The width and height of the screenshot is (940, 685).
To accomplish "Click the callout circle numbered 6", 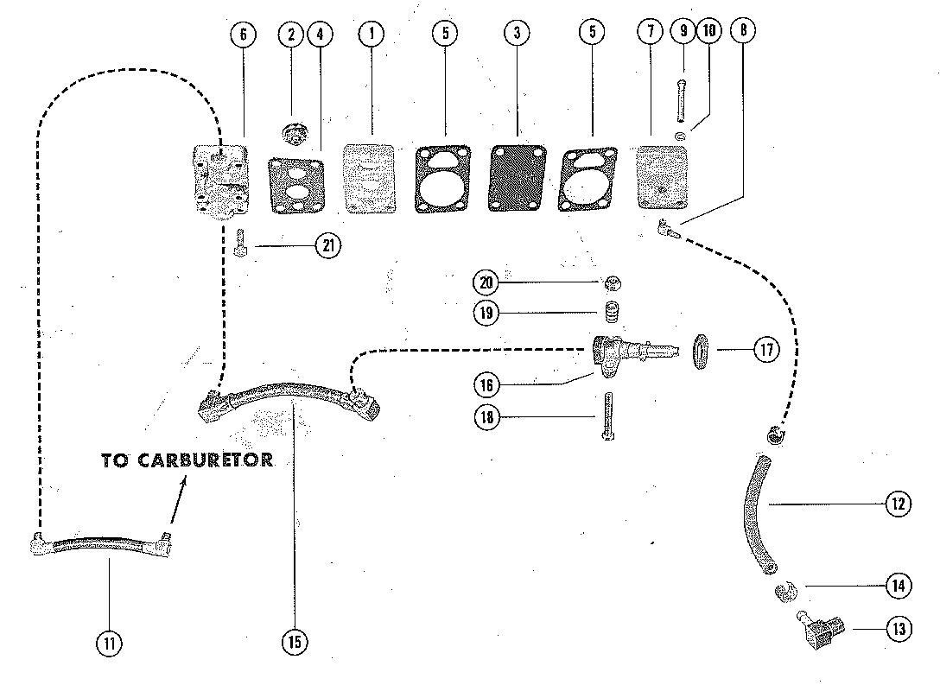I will click(244, 34).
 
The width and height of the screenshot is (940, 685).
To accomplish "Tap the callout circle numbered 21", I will click(327, 246).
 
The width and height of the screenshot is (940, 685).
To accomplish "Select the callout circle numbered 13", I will click(899, 629).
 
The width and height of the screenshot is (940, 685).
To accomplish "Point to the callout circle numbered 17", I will click(765, 350).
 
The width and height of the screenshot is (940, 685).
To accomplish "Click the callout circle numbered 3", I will click(517, 34).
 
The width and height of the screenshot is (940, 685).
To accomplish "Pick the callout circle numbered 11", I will click(110, 643).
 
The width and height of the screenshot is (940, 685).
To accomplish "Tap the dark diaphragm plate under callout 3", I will click(518, 178).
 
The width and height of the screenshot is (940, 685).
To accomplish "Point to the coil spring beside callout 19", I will click(612, 313).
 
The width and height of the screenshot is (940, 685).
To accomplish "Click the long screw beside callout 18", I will click(608, 415).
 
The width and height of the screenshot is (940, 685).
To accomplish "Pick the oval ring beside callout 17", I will click(702, 352).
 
